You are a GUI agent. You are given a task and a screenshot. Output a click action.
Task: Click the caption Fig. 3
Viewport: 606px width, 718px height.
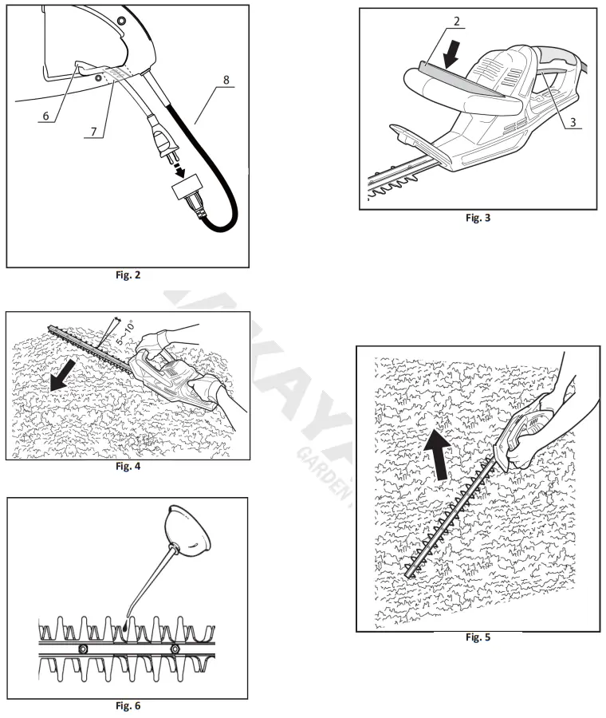point(478,218)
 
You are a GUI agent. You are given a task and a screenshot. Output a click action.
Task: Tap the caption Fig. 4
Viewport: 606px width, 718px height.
point(128,466)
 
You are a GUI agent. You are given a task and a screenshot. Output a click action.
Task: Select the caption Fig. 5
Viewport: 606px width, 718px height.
point(477,637)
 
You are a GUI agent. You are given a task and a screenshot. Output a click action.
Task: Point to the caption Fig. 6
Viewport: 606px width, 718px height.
point(128,705)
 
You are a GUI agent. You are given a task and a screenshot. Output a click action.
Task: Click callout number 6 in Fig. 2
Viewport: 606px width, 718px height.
point(46,116)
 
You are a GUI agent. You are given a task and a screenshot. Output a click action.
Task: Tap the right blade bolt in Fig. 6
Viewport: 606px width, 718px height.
point(175,650)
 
